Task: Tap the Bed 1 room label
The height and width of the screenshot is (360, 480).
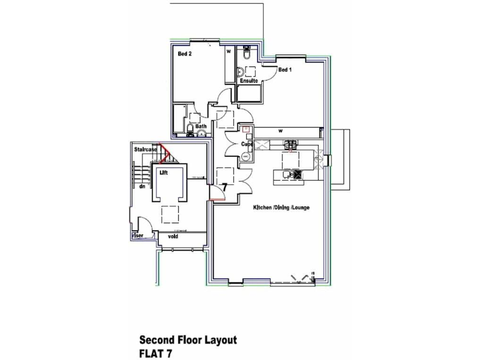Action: tap(285, 70)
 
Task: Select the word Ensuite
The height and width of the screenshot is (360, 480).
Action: tap(249, 81)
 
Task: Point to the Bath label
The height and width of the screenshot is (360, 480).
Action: tap(201, 126)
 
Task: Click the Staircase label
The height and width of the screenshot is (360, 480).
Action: tap(144, 150)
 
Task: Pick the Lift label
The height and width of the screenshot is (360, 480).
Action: tap(164, 172)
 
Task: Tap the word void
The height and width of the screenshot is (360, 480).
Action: tap(173, 236)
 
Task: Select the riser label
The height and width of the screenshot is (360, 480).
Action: tap(137, 236)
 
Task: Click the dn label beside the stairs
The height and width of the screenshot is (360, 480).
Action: tap(142, 186)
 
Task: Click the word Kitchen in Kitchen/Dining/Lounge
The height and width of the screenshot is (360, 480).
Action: tap(262, 207)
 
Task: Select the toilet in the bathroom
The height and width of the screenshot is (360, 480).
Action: tap(190, 129)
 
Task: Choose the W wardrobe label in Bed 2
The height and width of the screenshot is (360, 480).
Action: tap(229, 51)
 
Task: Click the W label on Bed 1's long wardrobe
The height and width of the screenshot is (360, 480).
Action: tap(281, 131)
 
